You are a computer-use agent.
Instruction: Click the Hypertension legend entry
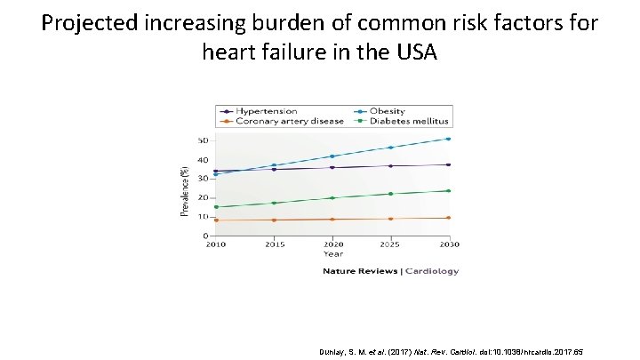265,111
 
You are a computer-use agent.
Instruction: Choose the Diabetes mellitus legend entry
410,121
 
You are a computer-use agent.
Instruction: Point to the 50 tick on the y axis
203,140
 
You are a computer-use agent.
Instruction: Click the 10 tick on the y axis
203,217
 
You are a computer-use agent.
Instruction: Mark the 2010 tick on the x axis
216,244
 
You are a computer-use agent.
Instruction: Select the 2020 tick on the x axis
332,244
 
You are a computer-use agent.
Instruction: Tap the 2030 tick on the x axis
448,244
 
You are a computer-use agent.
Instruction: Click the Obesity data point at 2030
448,139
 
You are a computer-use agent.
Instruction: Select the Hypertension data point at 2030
448,164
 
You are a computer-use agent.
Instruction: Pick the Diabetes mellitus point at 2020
332,198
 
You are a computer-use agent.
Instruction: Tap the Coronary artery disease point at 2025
390,219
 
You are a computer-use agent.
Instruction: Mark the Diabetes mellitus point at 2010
216,207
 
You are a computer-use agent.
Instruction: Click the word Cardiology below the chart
432,271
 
